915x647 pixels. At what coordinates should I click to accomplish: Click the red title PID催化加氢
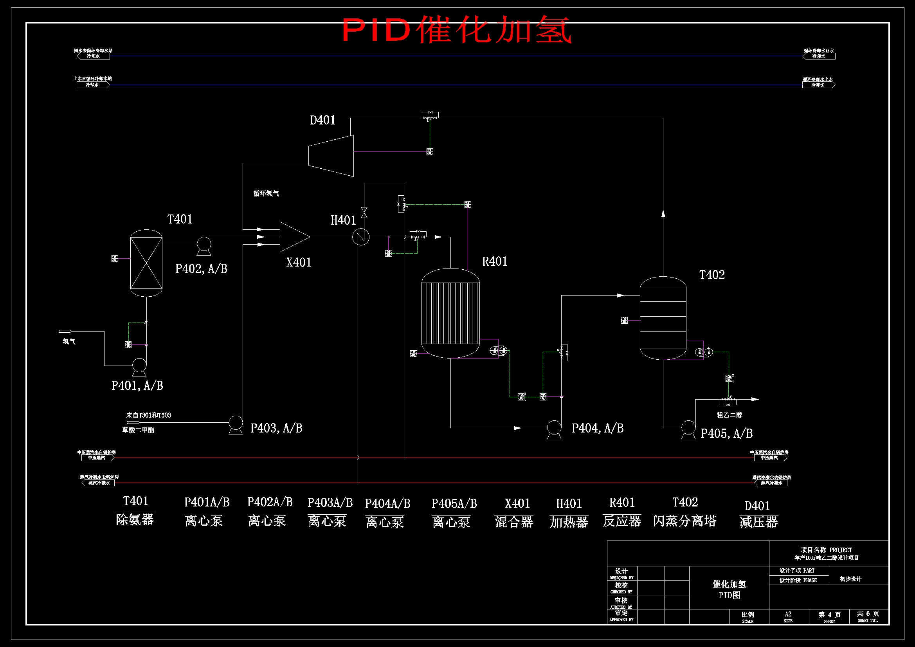point(456,30)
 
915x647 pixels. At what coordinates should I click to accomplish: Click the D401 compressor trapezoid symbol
point(331,156)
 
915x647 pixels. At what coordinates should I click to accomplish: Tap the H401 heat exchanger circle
point(361,238)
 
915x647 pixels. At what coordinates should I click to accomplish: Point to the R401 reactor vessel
point(450,314)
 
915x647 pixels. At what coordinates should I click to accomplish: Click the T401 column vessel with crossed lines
point(146,263)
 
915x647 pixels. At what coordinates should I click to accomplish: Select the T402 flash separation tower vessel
point(663,318)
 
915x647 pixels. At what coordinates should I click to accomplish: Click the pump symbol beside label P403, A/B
point(236,423)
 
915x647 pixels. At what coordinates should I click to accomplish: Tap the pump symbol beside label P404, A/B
point(554,428)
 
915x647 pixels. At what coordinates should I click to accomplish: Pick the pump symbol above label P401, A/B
point(139,365)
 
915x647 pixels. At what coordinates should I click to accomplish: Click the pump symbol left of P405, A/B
point(688,428)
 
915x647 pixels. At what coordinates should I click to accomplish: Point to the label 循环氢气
point(266,194)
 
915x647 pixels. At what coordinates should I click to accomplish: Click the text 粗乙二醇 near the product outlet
point(729,415)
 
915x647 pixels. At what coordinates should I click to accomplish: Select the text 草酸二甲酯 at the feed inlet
point(138,430)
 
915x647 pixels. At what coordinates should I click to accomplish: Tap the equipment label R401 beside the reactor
point(495,261)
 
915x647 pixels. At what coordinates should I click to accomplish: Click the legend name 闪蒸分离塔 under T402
point(684,521)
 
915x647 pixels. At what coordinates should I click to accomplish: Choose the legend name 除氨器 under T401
point(135,519)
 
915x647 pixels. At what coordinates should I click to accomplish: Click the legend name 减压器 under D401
point(758,522)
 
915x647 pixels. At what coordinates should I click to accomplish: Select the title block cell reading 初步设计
point(850,579)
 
